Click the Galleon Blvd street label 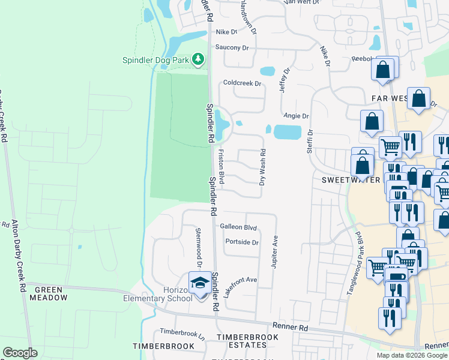238,227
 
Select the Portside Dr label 242,242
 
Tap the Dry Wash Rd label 262,167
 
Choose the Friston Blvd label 221,167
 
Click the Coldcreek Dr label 243,83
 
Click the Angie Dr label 296,116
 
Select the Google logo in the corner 20,353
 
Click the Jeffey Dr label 284,79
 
